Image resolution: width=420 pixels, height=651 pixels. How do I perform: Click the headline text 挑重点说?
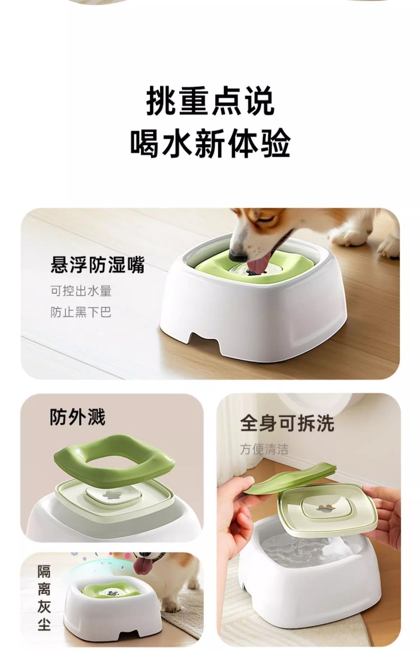[210, 101]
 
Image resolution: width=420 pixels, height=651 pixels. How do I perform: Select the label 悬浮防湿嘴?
[97, 265]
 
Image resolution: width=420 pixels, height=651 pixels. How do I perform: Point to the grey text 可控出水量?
[81, 291]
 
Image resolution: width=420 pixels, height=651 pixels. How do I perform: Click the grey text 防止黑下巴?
[81, 312]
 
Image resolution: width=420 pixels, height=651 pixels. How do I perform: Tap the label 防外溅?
[77, 417]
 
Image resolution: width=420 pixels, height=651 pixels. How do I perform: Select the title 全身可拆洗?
[287, 424]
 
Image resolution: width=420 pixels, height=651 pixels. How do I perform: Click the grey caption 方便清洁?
[264, 449]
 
